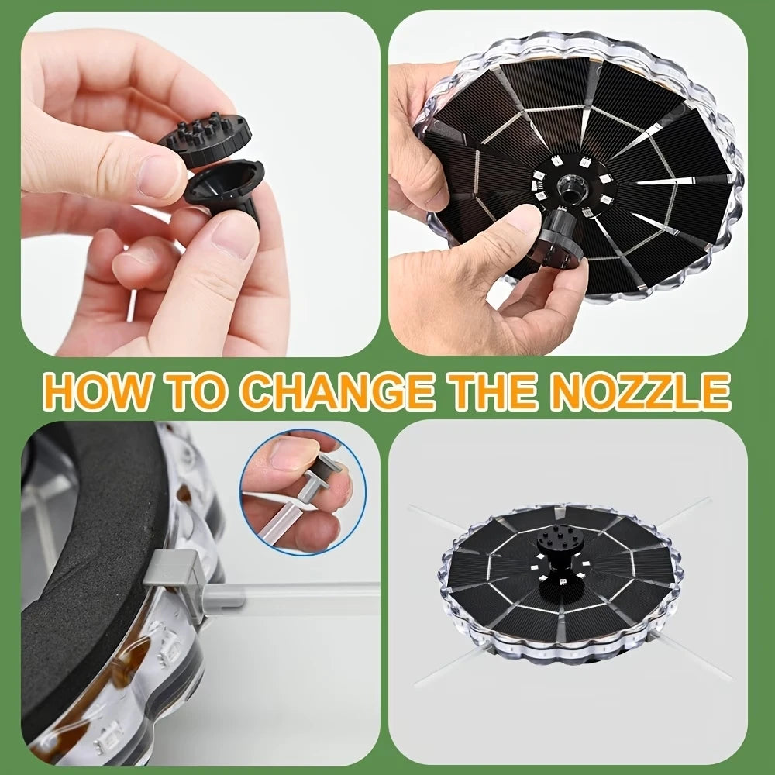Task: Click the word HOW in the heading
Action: pyautogui.click(x=97, y=391)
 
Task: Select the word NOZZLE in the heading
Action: pyautogui.click(x=639, y=391)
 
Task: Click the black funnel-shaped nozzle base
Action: pyautogui.click(x=225, y=191)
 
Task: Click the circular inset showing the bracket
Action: pyautogui.click(x=303, y=492)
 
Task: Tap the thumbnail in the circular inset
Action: pyautogui.click(x=294, y=453)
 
